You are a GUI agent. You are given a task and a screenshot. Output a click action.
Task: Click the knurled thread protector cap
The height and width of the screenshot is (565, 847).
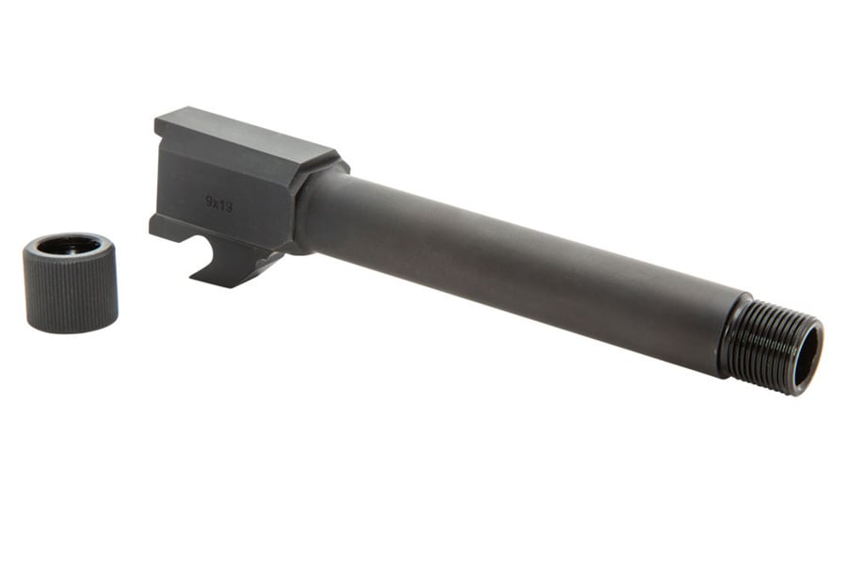pyautogui.click(x=71, y=292)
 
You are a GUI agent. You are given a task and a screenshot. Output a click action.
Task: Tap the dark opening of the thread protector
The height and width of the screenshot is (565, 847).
pyautogui.click(x=69, y=246)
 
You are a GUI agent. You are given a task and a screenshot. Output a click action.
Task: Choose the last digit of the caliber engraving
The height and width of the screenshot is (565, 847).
pyautogui.click(x=229, y=206)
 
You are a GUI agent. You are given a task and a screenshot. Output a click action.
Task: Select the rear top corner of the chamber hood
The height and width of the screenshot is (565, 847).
pyautogui.click(x=157, y=120)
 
